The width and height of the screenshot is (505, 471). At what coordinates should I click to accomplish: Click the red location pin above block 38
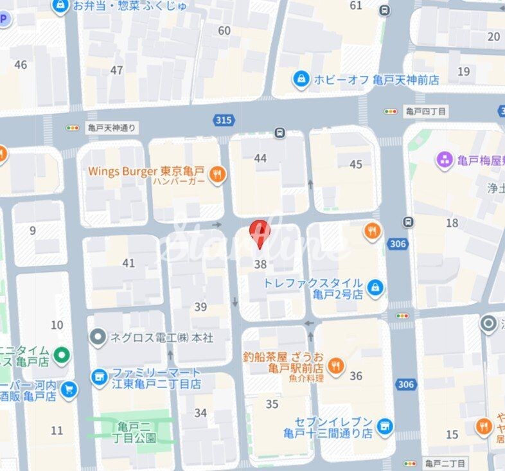(260, 232)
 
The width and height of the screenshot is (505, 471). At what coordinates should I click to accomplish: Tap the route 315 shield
(223, 120)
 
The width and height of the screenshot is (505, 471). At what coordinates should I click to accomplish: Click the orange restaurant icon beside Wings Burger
(218, 174)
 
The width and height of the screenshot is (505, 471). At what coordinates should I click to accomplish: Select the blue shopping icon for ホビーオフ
(300, 80)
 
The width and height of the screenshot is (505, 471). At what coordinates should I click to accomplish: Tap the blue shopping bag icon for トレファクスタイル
(375, 289)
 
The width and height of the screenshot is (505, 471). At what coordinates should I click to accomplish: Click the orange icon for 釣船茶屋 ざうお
(335, 367)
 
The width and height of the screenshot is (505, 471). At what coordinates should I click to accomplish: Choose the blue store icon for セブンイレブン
(384, 426)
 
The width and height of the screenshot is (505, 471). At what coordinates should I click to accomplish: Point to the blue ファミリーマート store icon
(99, 378)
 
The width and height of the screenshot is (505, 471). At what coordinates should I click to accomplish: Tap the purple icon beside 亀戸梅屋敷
(445, 159)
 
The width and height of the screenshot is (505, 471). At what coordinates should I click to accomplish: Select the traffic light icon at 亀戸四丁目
(391, 112)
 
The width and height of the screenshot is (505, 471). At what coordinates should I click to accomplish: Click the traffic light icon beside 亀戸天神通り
(73, 128)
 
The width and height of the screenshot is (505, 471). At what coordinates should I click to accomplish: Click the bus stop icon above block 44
(279, 134)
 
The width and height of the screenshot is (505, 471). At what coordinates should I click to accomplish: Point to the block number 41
(129, 263)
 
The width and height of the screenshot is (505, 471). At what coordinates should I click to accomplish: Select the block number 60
(224, 31)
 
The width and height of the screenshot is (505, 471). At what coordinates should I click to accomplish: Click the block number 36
(356, 376)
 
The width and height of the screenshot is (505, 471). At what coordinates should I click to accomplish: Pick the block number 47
(116, 70)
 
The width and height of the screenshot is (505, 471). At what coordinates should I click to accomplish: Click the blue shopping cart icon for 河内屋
(69, 389)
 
